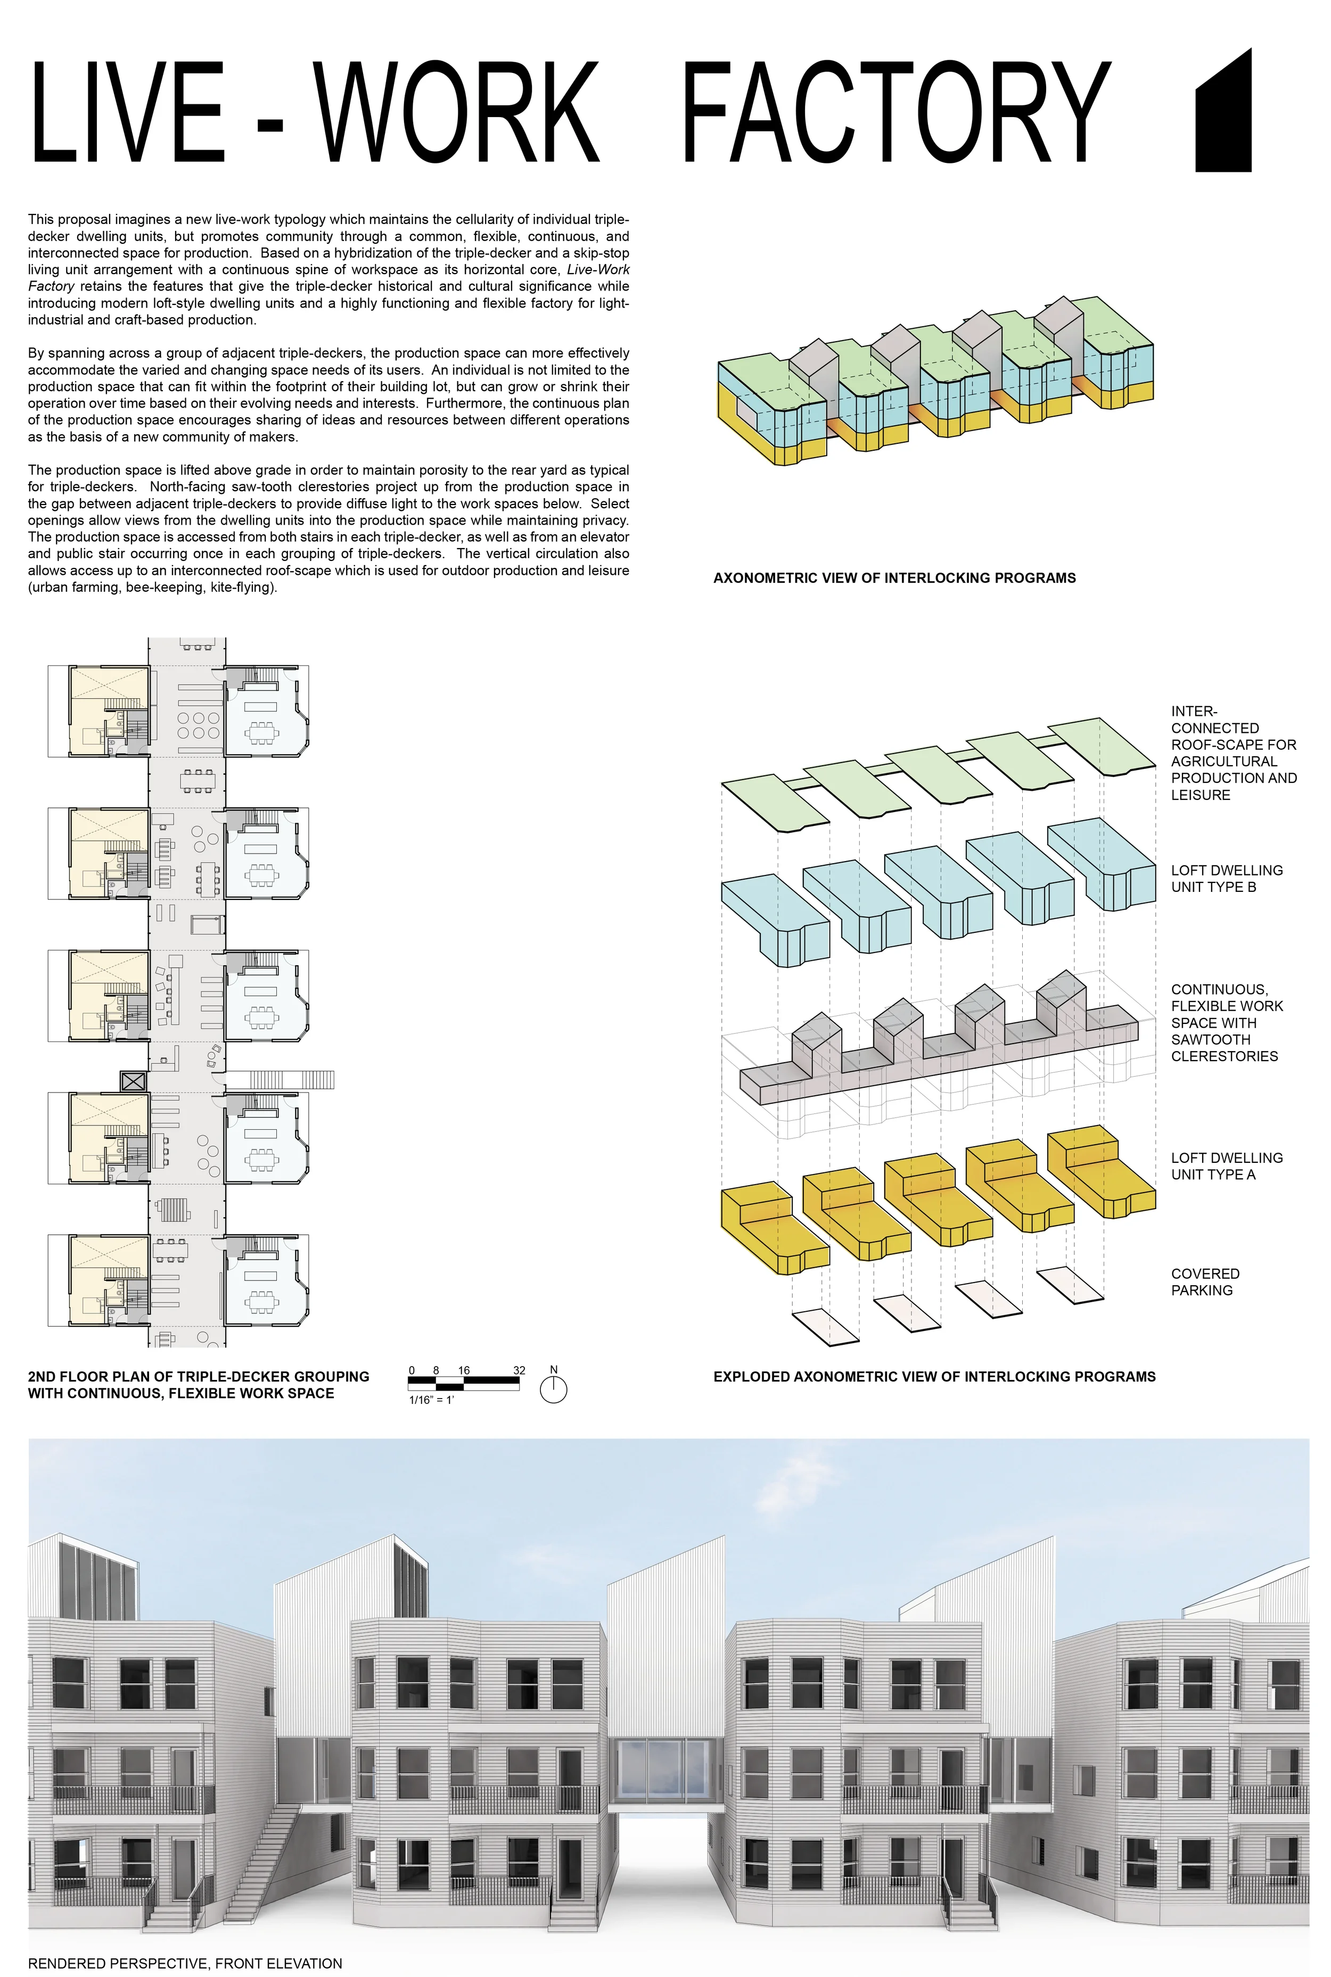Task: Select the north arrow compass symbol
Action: tap(554, 1390)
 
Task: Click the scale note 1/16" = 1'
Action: tap(431, 1400)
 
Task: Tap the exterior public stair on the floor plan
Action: tap(280, 1080)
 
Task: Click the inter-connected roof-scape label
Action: tap(1233, 752)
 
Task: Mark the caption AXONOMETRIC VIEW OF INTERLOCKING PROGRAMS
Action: tap(894, 578)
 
